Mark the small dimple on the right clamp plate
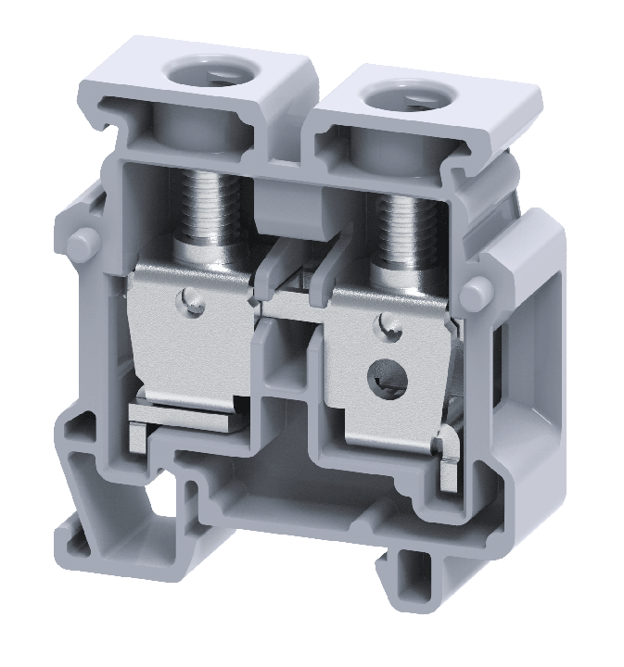click(x=390, y=323)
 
